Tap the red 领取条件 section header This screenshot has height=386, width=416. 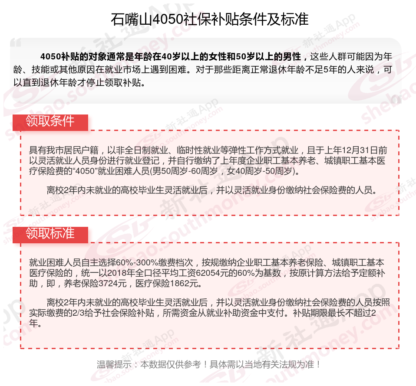50,121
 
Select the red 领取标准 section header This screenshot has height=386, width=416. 50,234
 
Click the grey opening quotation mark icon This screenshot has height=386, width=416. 16,43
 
